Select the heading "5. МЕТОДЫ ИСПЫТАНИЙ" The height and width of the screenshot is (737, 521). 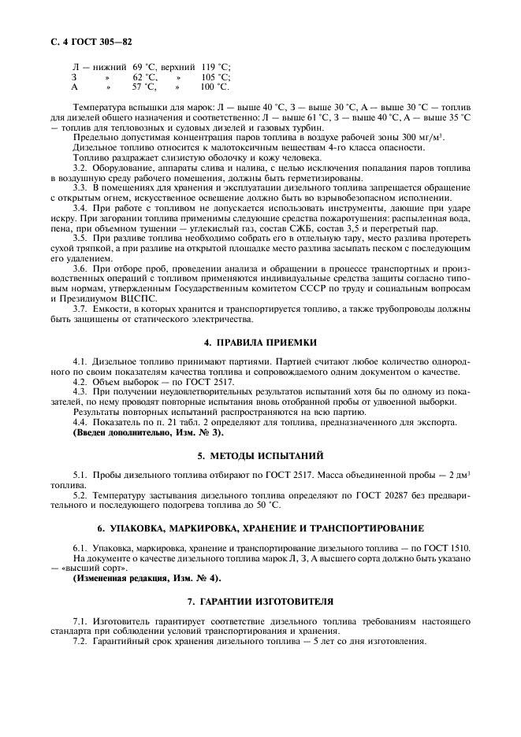tap(260, 455)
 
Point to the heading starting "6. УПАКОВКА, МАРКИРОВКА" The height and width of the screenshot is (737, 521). tap(260, 527)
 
